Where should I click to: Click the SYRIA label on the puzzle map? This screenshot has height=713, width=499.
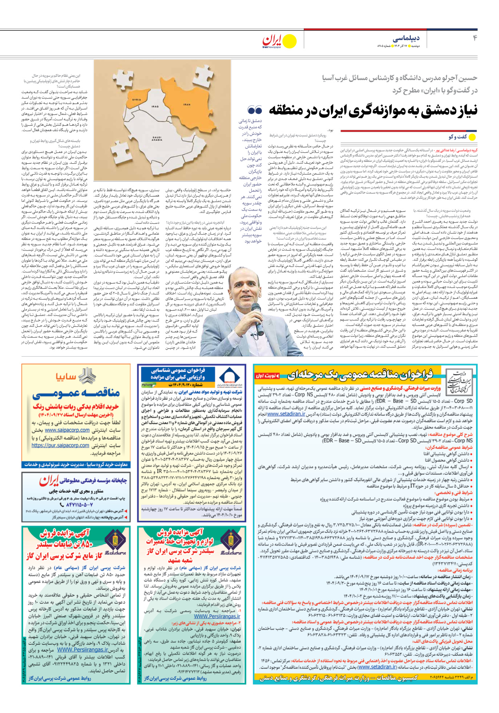click(x=137, y=99)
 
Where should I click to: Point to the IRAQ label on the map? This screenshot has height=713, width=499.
click(x=156, y=107)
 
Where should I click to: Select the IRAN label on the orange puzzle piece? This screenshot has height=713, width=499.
click(x=187, y=104)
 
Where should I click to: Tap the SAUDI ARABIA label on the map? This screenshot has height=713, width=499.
click(x=157, y=139)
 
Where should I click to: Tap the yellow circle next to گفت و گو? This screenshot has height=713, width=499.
click(x=472, y=137)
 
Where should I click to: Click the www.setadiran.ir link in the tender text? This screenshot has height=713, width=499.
click(x=287, y=414)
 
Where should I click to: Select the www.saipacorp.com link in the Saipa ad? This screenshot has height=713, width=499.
click(x=67, y=430)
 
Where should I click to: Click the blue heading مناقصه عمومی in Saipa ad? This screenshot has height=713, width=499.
click(x=76, y=393)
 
